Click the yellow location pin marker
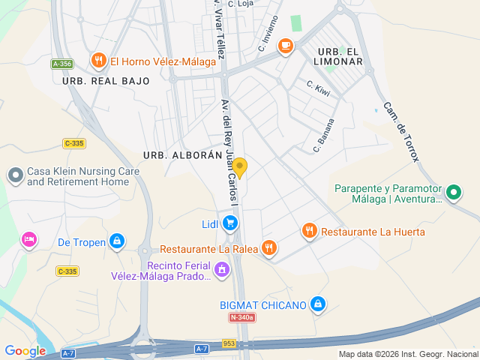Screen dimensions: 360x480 coord(239,167)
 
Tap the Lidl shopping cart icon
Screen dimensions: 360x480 coord(230,223)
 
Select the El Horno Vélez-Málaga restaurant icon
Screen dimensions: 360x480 coord(98,61)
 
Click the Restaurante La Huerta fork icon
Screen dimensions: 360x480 coord(309,232)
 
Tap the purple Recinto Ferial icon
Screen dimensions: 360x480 coord(221,268)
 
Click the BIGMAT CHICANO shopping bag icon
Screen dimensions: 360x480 coord(318,304)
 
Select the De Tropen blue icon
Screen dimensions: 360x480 coord(116,241)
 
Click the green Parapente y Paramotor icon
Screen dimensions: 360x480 coord(453,193)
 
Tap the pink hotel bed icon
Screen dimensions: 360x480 coord(28,239)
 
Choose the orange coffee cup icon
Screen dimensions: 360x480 coord(285,46)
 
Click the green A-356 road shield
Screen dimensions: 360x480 coord(61,64)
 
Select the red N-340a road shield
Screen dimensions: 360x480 coord(242,318)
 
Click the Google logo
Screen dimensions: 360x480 coord(25,351)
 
